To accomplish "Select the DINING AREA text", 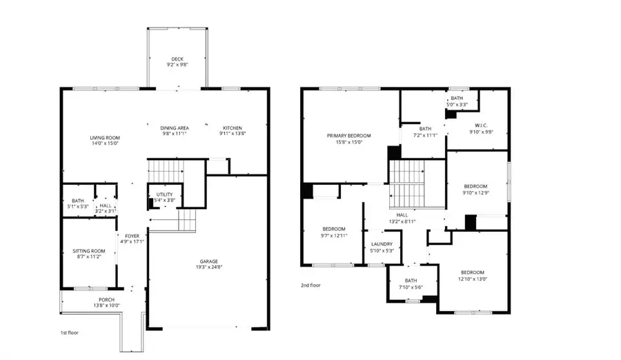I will point(175,128).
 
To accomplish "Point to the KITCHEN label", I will point(232,128).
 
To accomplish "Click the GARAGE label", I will point(209,261).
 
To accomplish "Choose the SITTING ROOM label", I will point(89,250).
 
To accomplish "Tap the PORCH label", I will point(106,299).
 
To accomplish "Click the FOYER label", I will point(132,236).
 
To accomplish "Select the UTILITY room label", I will point(164,194).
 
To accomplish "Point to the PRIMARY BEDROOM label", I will point(348,135).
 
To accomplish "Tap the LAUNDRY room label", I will point(382,244).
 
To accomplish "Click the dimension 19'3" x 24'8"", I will point(209,267).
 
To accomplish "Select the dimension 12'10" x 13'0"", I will point(473,278).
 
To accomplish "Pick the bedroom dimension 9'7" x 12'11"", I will point(334,235).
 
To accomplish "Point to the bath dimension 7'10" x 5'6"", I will point(411,287).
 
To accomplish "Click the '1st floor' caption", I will point(69,332).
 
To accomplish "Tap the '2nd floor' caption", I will point(310,285).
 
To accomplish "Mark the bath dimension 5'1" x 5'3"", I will point(77,206).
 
